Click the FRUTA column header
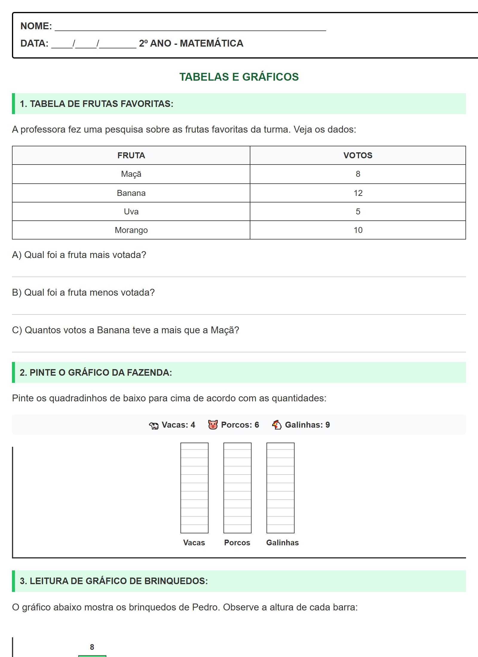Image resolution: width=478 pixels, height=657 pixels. click(x=131, y=155)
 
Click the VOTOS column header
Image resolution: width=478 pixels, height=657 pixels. click(x=358, y=155)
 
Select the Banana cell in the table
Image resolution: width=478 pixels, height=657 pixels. click(x=131, y=193)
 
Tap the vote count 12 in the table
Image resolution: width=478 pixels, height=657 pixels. click(x=358, y=193)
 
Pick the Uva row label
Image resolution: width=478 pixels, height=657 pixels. click(x=131, y=211)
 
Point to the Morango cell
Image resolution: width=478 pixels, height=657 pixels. click(x=131, y=230)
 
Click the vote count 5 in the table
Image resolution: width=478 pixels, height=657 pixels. click(x=358, y=211)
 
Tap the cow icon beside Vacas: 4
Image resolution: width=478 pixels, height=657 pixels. click(x=154, y=425)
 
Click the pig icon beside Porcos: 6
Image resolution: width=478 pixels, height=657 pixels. click(x=213, y=425)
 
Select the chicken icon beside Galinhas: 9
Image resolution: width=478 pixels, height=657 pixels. click(x=277, y=425)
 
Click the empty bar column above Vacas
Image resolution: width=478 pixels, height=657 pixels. click(x=194, y=488)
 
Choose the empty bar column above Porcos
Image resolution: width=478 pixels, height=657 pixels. click(x=237, y=488)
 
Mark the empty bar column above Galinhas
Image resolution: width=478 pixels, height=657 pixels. click(x=280, y=488)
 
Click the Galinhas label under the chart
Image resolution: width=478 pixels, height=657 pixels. click(x=282, y=543)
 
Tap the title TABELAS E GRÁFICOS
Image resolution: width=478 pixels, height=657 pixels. click(x=239, y=77)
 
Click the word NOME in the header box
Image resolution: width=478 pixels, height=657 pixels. click(x=36, y=26)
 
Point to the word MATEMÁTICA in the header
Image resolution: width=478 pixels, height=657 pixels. click(x=212, y=43)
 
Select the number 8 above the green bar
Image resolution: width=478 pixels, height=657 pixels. click(x=92, y=647)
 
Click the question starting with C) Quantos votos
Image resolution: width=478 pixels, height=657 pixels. click(x=125, y=330)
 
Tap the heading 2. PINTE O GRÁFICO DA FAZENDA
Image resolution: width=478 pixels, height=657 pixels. click(x=96, y=372)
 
